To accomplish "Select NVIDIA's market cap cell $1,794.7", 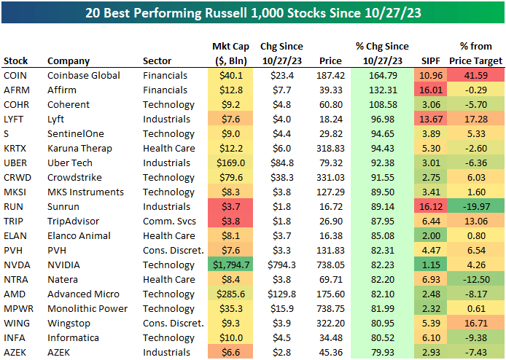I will (229, 265).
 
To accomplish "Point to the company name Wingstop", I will (69, 323).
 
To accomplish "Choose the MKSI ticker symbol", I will (15, 192).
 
